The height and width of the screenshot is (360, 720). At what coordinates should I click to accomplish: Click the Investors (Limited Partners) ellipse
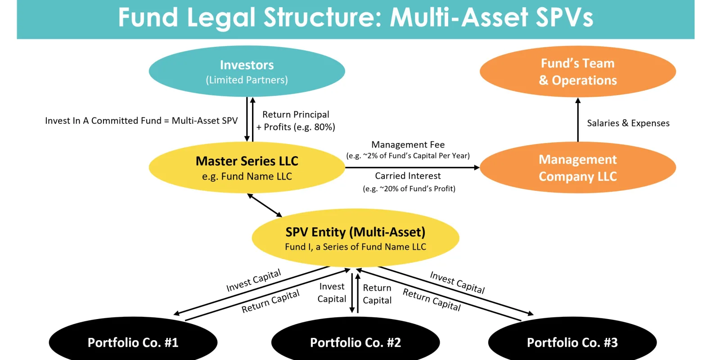(x=247, y=71)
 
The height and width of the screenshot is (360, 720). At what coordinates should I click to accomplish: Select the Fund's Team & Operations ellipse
(x=578, y=71)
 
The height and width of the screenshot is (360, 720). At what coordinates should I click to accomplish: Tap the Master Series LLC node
(x=247, y=167)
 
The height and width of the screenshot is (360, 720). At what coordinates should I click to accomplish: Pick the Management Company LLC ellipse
(x=578, y=167)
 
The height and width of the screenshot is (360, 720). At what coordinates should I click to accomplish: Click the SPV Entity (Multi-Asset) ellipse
(x=355, y=238)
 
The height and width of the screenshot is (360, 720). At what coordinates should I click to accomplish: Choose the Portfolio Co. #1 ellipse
(x=133, y=339)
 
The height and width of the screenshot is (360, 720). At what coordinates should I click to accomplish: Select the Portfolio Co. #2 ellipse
(x=355, y=339)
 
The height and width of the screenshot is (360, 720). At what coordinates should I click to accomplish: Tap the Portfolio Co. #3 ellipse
(x=572, y=339)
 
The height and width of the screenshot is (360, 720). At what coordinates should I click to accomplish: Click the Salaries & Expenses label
(x=628, y=123)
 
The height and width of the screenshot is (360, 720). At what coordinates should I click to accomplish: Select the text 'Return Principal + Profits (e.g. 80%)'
(x=296, y=121)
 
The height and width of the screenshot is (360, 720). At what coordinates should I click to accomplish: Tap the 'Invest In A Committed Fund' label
(x=103, y=121)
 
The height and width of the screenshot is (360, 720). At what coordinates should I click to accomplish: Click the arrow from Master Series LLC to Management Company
(x=412, y=167)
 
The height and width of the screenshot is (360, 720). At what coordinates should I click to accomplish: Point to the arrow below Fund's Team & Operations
(x=578, y=120)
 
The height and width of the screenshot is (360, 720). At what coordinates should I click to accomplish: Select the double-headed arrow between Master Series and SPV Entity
(x=265, y=205)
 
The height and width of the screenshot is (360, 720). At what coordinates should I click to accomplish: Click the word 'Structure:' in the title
(x=322, y=18)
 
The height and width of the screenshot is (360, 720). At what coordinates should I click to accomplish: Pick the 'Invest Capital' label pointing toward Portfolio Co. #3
(x=457, y=283)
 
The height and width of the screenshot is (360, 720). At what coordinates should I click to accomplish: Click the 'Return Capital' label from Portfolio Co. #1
(x=270, y=301)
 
